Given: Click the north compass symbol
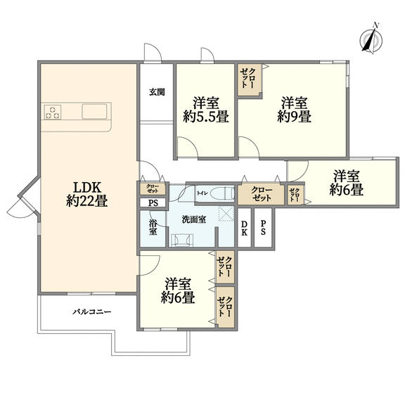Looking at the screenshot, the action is point(371,40).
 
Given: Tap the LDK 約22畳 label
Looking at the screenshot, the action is point(86,194).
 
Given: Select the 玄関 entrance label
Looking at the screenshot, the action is point(157,92).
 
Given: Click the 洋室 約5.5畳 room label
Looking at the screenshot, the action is point(206,110).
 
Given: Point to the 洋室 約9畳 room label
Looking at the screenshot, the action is point(294,110).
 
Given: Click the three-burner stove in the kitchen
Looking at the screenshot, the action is point(53,112).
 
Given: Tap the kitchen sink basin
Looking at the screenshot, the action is point(94,111).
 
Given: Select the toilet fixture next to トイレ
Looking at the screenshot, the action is point(222,193).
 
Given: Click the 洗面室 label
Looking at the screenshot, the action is point(194,219).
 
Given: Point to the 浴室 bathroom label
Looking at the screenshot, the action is point(153,227).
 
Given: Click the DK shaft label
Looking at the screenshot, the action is point(244,228).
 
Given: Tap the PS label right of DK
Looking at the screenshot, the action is point(263,228).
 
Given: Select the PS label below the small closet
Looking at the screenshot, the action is point(153,203).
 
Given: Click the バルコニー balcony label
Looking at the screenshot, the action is point(91,311).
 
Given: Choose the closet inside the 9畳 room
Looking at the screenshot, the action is point(249,80).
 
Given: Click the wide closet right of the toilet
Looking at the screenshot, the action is point(261,194).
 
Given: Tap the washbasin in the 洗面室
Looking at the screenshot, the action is point(183,240).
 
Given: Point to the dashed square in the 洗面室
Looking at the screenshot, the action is point(226,214).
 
